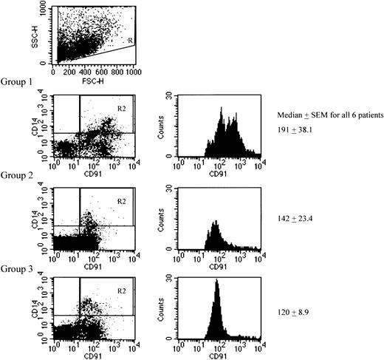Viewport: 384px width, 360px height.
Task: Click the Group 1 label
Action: [18, 82]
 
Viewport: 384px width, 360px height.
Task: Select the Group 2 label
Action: [18, 176]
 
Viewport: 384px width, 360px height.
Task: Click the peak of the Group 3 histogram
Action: [216, 282]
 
